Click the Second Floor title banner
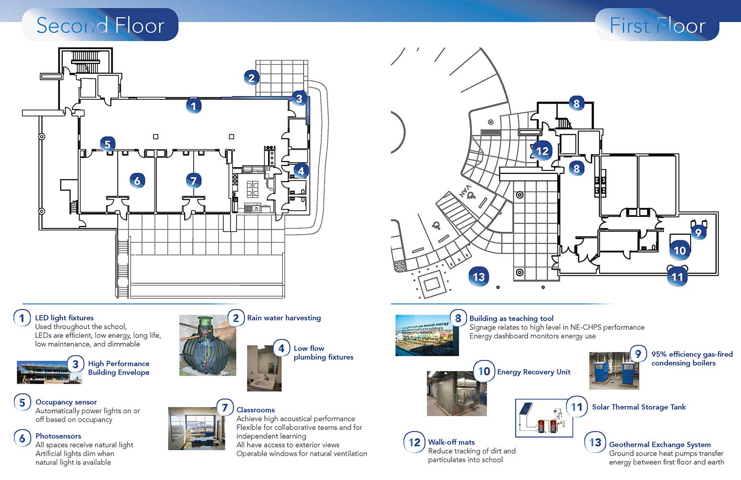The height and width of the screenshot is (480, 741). (100, 25)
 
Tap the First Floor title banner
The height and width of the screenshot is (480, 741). (657, 25)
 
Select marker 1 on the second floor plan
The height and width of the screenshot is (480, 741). (193, 106)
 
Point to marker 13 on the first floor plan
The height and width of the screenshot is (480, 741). (479, 276)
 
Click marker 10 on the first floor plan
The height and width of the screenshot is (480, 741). (680, 250)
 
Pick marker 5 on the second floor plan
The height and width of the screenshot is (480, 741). (107, 144)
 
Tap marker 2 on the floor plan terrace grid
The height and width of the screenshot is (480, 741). (251, 77)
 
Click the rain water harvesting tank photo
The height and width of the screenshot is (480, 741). (207, 345)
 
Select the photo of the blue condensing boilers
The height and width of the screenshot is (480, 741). (614, 371)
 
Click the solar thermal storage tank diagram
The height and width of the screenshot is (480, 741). (544, 418)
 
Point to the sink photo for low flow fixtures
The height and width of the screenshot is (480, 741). (264, 368)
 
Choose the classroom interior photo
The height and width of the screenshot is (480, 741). (196, 429)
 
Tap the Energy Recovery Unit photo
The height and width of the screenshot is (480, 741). (457, 393)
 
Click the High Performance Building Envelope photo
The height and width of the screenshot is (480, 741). (49, 372)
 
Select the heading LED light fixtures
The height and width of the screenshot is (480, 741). (64, 318)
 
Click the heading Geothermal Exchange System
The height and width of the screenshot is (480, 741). (659, 444)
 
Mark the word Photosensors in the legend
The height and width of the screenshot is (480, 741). (58, 436)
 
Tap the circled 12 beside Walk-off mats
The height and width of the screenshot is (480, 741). (414, 442)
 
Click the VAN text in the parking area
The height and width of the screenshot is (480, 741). (464, 191)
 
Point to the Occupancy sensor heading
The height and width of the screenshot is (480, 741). (66, 402)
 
